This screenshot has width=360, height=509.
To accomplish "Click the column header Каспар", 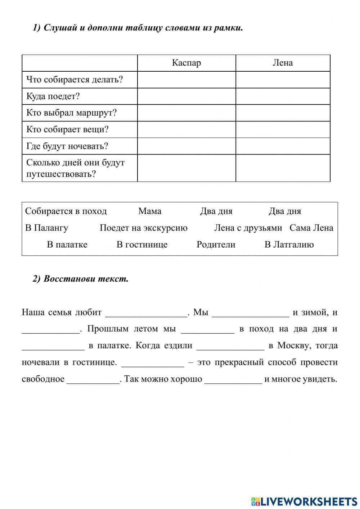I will [x=186, y=63].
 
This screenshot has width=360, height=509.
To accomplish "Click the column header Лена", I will [x=283, y=63].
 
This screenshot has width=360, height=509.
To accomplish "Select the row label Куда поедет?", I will [x=53, y=96].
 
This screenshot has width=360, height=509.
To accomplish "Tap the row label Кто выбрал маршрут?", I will [x=72, y=113].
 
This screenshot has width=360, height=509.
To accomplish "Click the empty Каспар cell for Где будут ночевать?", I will [x=186, y=146].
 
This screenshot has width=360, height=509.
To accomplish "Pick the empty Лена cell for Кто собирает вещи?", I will [x=283, y=130].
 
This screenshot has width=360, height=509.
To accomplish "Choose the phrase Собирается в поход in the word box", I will [x=66, y=211].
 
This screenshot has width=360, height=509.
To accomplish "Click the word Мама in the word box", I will [x=150, y=211].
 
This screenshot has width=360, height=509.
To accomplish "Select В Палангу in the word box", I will [x=46, y=228].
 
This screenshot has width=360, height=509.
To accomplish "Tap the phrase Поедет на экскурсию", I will [x=144, y=228].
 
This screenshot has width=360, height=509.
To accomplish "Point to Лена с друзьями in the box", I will [x=248, y=228].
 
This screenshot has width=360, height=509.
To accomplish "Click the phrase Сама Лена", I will [x=311, y=228].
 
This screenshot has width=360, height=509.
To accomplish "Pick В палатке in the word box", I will [x=67, y=245].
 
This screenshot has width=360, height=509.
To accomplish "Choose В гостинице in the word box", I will [x=142, y=245].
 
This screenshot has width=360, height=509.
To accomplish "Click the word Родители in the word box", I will [x=216, y=245].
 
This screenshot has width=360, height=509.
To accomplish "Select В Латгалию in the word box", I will [x=289, y=245].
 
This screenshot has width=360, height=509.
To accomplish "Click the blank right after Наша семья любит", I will [x=147, y=313].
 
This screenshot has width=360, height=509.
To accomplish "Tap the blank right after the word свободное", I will [x=93, y=379].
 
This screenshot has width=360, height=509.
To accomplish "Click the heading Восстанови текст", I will [x=86, y=279].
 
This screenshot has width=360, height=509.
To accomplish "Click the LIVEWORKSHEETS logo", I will [x=304, y=501].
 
